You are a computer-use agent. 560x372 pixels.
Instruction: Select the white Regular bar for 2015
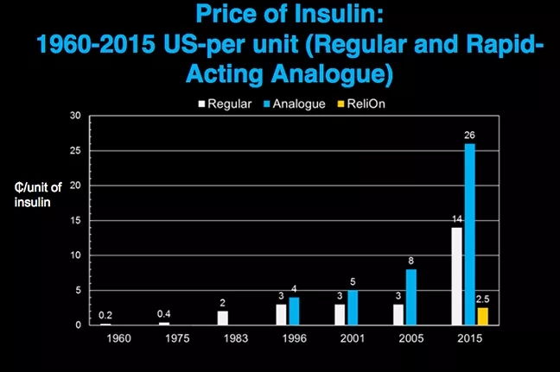pyautogui.click(x=457, y=275)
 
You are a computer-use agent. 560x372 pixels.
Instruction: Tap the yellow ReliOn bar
pyautogui.click(x=482, y=316)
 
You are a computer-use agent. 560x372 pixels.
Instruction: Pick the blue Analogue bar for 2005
pyautogui.click(x=411, y=297)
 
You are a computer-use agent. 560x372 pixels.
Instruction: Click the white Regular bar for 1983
pyautogui.click(x=223, y=318)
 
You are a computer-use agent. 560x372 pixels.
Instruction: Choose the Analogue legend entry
pyautogui.click(x=297, y=104)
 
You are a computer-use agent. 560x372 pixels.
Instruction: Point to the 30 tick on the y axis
pyautogui.click(x=75, y=116)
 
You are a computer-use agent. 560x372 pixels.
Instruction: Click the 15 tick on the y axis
pyautogui.click(x=75, y=220)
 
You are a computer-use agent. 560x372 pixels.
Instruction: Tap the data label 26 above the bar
pyautogui.click(x=470, y=135)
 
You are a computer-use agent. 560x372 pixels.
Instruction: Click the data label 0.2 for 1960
pyautogui.click(x=105, y=315)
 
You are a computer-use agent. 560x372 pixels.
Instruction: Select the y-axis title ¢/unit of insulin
pyautogui.click(x=38, y=195)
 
